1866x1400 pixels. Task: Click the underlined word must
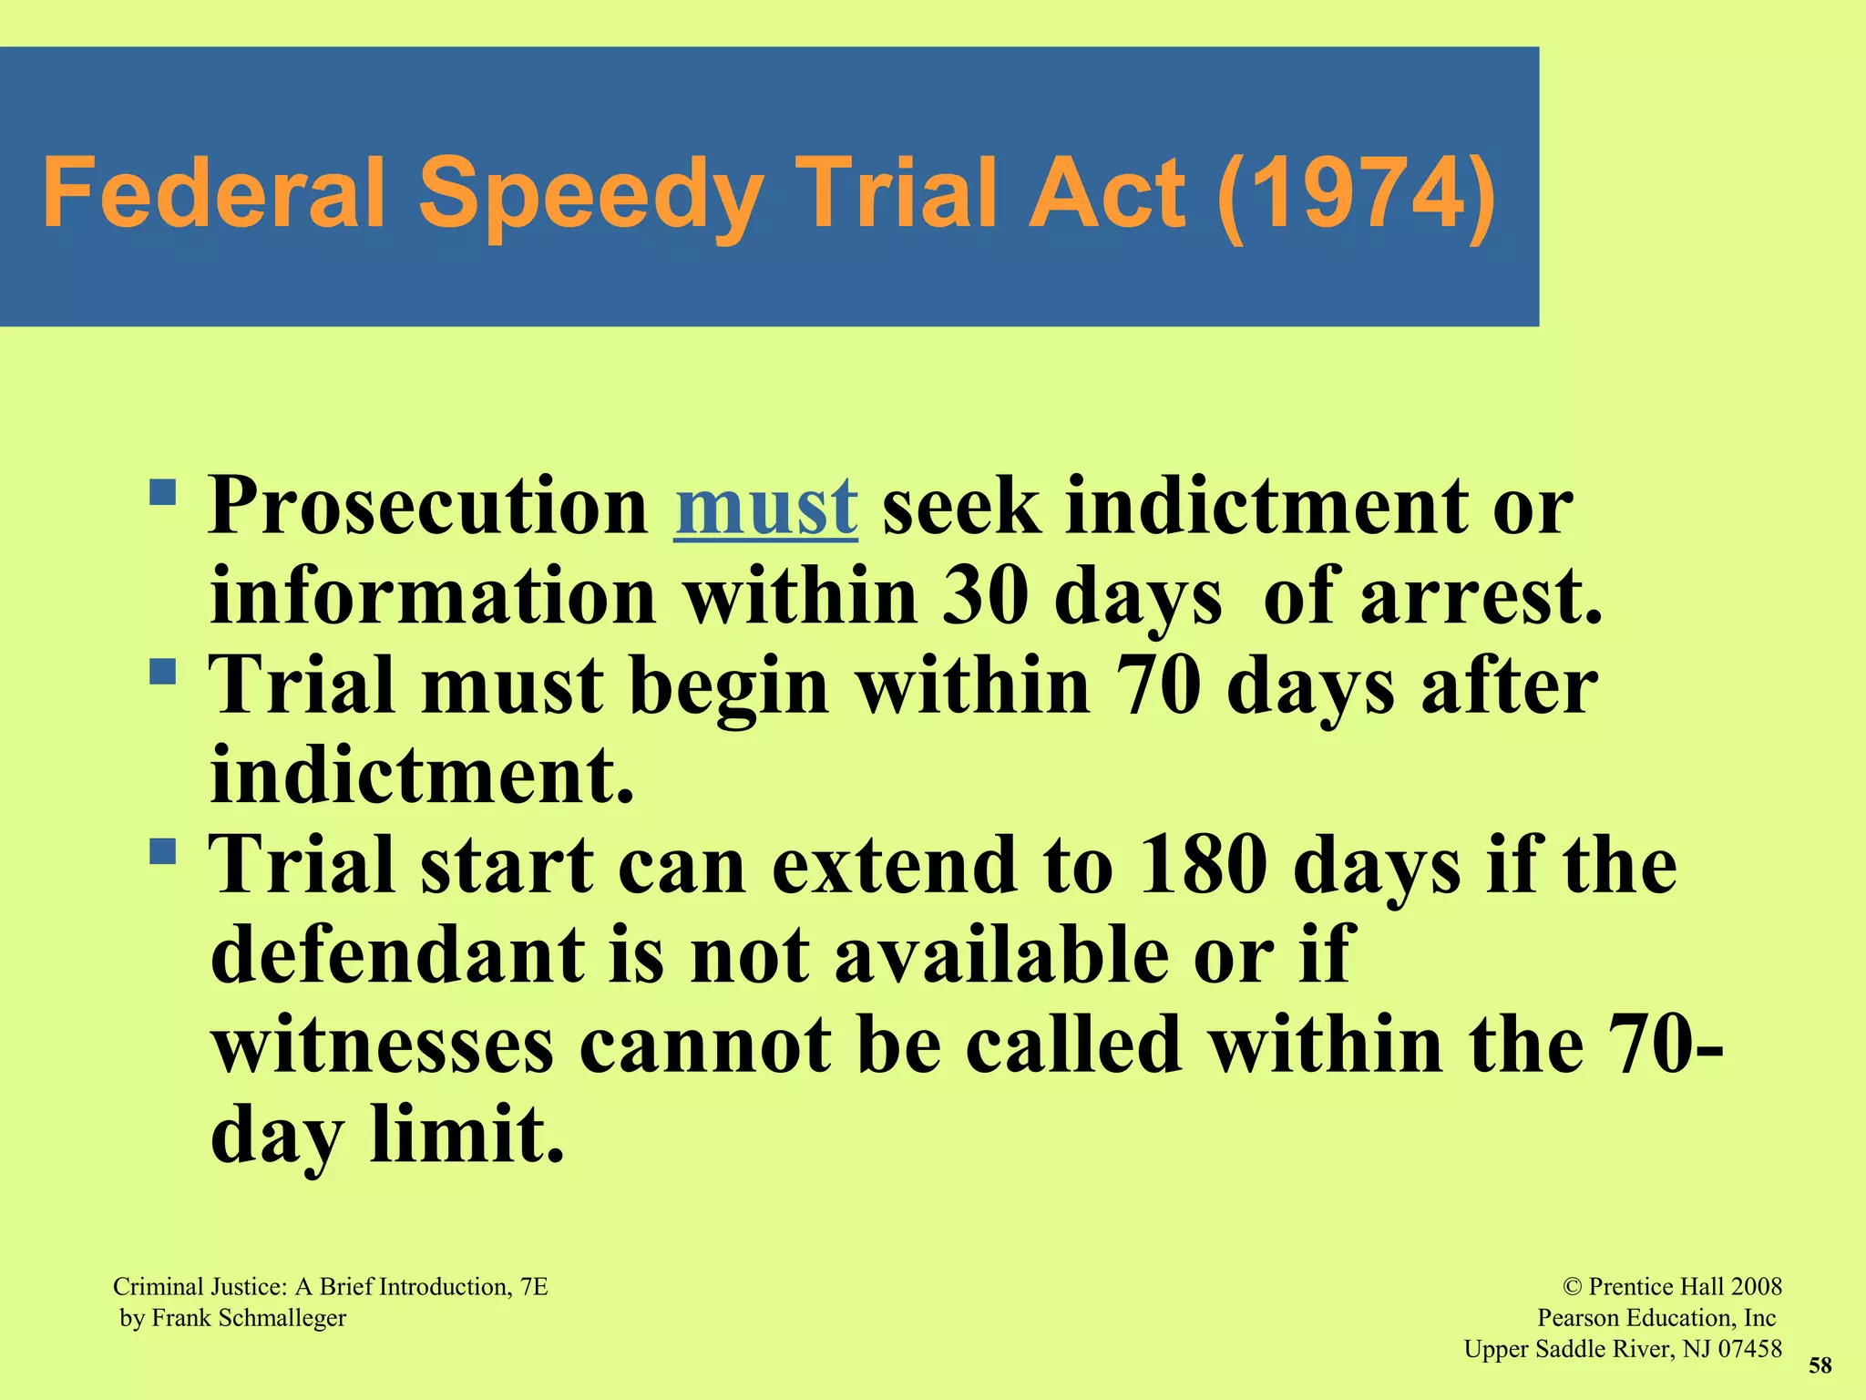click(x=765, y=507)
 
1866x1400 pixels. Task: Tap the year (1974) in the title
click(x=1356, y=193)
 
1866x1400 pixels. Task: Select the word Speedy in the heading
click(x=590, y=195)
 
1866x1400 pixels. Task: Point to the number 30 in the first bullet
click(x=985, y=596)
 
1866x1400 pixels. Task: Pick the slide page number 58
click(x=1820, y=1365)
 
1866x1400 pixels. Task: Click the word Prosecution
click(x=428, y=507)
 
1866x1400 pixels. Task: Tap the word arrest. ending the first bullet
click(x=1481, y=596)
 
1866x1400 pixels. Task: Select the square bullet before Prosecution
click(x=163, y=493)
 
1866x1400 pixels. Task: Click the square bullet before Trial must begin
click(x=163, y=673)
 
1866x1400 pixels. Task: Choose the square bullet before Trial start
click(x=163, y=852)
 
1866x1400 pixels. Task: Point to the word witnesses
click(x=383, y=1045)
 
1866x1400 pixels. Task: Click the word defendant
click(x=398, y=954)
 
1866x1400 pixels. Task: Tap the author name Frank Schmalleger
click(x=249, y=1318)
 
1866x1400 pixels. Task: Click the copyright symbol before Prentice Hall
click(x=1572, y=1287)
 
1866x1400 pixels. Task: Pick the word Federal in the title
click(x=214, y=193)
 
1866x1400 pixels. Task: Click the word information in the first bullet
click(x=433, y=596)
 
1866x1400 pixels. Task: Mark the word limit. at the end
click(x=467, y=1134)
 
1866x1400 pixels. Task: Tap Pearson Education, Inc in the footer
click(x=1656, y=1318)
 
